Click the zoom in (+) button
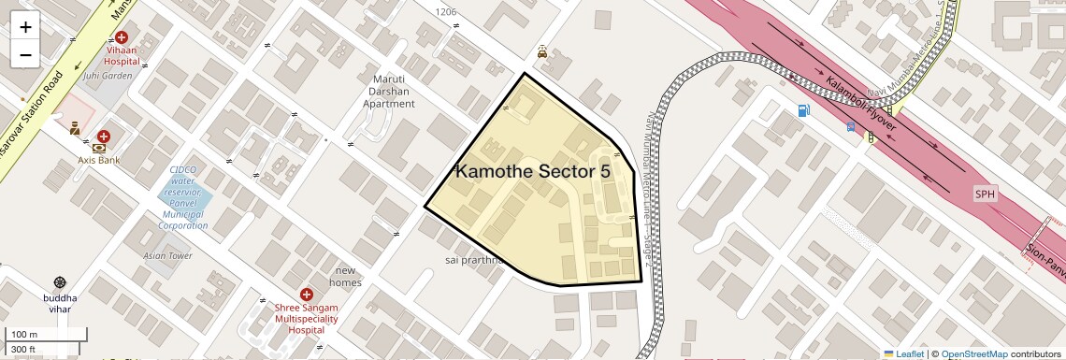click(x=25, y=27)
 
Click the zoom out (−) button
click(x=25, y=55)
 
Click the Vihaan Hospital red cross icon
click(x=122, y=36)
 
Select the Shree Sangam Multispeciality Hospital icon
click(x=306, y=295)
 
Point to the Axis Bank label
click(x=98, y=160)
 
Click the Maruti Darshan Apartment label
click(x=388, y=92)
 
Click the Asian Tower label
click(x=167, y=255)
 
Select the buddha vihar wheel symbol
click(x=61, y=282)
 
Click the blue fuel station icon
click(x=803, y=111)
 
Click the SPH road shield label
click(x=985, y=194)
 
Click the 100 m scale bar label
click(x=24, y=334)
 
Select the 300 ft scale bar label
click(x=23, y=350)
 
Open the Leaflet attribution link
click(x=903, y=354)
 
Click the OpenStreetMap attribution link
click(x=973, y=354)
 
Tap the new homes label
click(x=345, y=277)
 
